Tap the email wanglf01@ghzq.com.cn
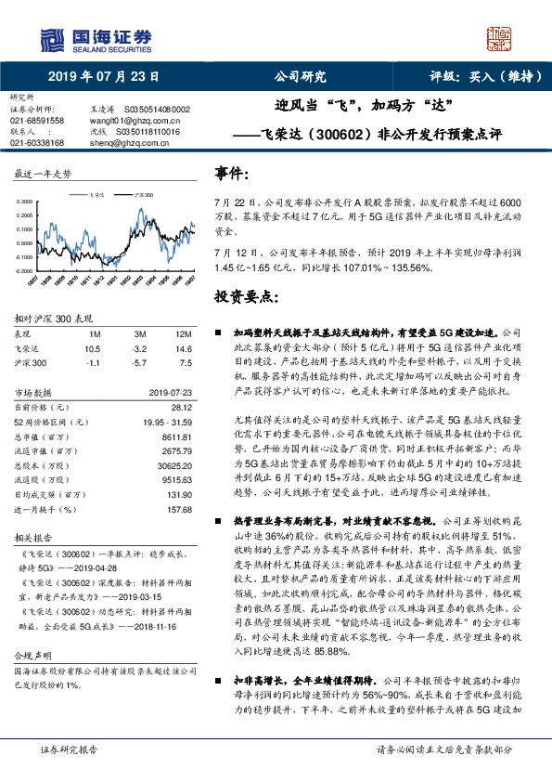tap(121, 121)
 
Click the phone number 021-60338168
tap(37, 143)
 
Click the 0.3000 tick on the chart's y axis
tap(25, 202)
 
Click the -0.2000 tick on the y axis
tap(25, 270)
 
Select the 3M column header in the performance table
tap(139, 333)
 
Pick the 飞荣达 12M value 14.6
tap(183, 348)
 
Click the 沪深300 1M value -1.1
tap(92, 363)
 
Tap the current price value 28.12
tap(179, 406)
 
